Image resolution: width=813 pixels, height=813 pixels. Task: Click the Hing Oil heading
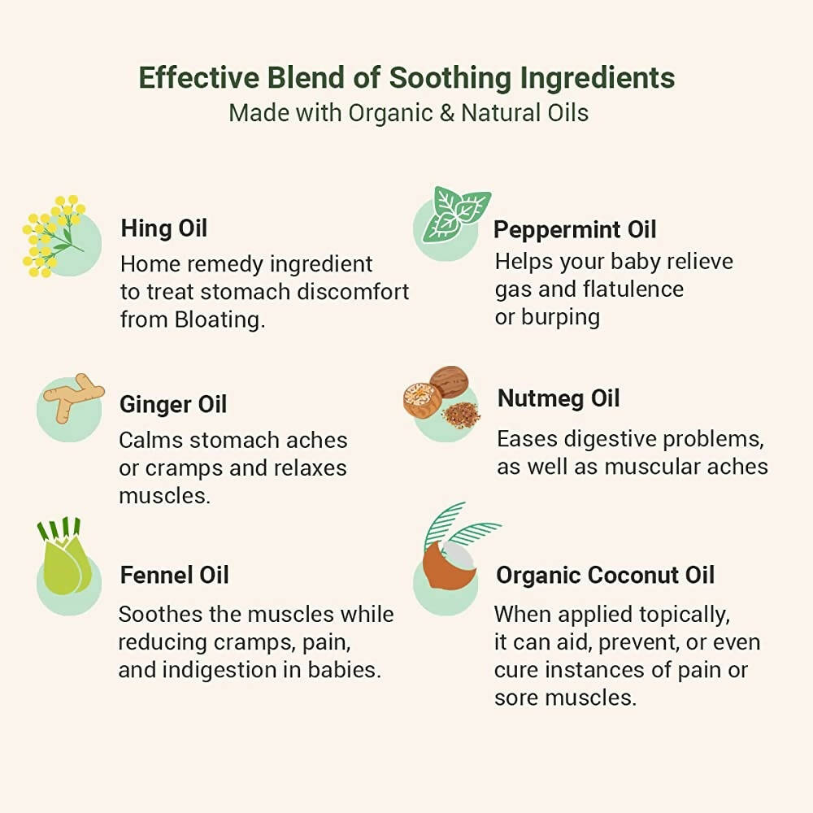pos(164,228)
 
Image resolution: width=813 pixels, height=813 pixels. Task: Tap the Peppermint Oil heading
pos(575,230)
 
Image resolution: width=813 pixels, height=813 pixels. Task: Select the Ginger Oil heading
pos(173,405)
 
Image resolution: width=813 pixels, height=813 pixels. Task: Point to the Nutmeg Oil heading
pos(559,398)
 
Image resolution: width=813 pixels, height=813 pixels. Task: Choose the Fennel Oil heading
pos(174,575)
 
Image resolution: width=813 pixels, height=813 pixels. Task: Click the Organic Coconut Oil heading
pos(605,575)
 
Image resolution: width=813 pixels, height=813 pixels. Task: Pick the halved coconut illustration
pos(449,565)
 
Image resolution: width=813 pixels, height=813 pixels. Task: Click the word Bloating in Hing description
pos(220,320)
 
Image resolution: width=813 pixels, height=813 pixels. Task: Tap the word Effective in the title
pos(198,78)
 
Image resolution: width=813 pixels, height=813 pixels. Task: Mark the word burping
pos(560,317)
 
